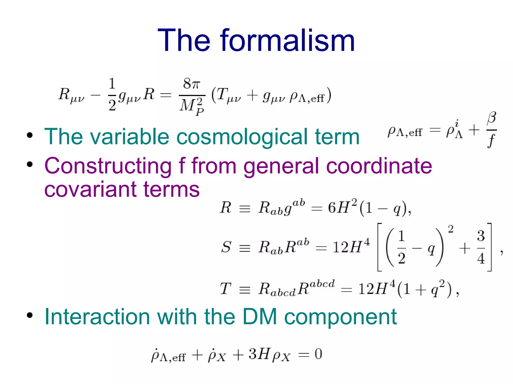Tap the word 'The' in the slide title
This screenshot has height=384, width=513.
(x=184, y=40)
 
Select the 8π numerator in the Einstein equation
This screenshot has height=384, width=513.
(x=192, y=84)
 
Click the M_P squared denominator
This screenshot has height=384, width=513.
(x=192, y=106)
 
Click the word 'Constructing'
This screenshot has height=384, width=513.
(x=108, y=166)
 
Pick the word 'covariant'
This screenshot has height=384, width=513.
(x=90, y=189)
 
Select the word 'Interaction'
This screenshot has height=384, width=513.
(x=97, y=317)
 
